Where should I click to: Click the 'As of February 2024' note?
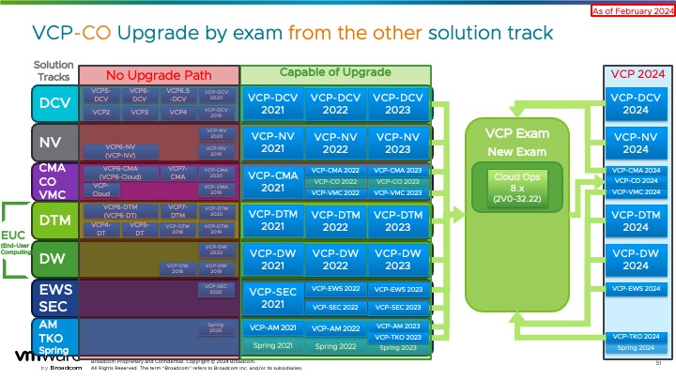coord(631,10)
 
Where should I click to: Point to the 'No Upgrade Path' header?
coord(159,74)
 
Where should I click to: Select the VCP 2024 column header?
coord(636,73)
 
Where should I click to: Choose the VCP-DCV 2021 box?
coord(272,103)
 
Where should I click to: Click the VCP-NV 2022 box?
coord(335,143)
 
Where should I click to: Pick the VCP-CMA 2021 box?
coord(272,181)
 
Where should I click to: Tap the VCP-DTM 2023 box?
coord(399,220)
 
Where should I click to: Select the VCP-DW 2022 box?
coord(335,259)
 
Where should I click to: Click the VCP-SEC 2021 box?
coord(272,297)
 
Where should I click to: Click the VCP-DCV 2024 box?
coord(636,103)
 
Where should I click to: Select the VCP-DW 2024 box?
coord(636,259)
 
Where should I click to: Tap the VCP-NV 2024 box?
coord(636,143)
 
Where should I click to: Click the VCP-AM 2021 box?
coord(272,327)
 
